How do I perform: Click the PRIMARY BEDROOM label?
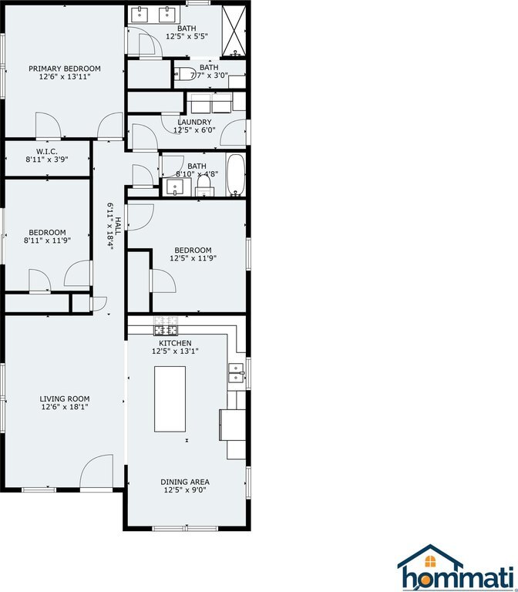[65, 69]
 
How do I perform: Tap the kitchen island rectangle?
[170, 399]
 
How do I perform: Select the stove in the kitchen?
[166, 326]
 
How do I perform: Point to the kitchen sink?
[236, 373]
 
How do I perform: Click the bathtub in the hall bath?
[236, 174]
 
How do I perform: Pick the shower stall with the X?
[234, 31]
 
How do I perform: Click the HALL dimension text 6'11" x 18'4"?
[110, 227]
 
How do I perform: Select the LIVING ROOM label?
[65, 399]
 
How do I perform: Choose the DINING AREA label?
[185, 482]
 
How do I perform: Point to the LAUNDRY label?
[194, 122]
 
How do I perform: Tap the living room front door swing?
[96, 471]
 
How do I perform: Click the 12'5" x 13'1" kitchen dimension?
[175, 351]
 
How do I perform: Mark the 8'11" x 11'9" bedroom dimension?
[47, 240]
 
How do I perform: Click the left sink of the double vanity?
[140, 15]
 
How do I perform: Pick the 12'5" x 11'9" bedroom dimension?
[193, 258]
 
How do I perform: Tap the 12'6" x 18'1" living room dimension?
[65, 407]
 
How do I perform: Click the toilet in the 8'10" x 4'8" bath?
[203, 186]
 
